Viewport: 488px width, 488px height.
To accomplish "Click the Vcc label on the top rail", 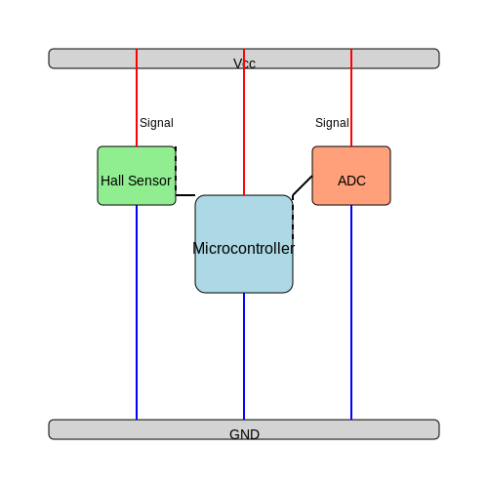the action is click(244, 63).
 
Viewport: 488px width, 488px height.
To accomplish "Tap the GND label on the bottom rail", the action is click(244, 434).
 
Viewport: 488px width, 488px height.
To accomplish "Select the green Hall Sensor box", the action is click(137, 176).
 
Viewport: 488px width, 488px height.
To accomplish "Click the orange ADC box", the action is click(351, 176).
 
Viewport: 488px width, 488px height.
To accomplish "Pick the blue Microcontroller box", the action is click(244, 244).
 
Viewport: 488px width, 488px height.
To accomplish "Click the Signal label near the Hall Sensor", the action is click(156, 123).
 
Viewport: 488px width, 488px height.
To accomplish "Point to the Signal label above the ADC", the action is click(332, 123).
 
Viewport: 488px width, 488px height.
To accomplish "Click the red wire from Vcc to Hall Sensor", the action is click(137, 98).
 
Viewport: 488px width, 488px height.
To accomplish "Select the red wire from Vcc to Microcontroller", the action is click(244, 122).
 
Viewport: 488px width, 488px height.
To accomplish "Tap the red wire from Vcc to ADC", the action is click(351, 98).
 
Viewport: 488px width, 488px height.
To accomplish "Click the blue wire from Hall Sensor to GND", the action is click(137, 312).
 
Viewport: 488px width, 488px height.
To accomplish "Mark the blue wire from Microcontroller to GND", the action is click(244, 356).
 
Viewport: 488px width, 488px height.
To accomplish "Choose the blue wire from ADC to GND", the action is click(351, 312).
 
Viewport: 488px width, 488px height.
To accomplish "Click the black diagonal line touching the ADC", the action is click(303, 185).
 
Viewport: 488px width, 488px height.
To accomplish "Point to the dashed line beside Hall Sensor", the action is click(176, 171).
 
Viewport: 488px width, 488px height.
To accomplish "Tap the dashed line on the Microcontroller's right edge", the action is click(293, 220).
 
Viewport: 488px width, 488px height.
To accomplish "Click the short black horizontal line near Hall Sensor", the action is click(185, 195).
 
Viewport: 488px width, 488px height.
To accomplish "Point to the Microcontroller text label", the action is click(244, 249).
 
